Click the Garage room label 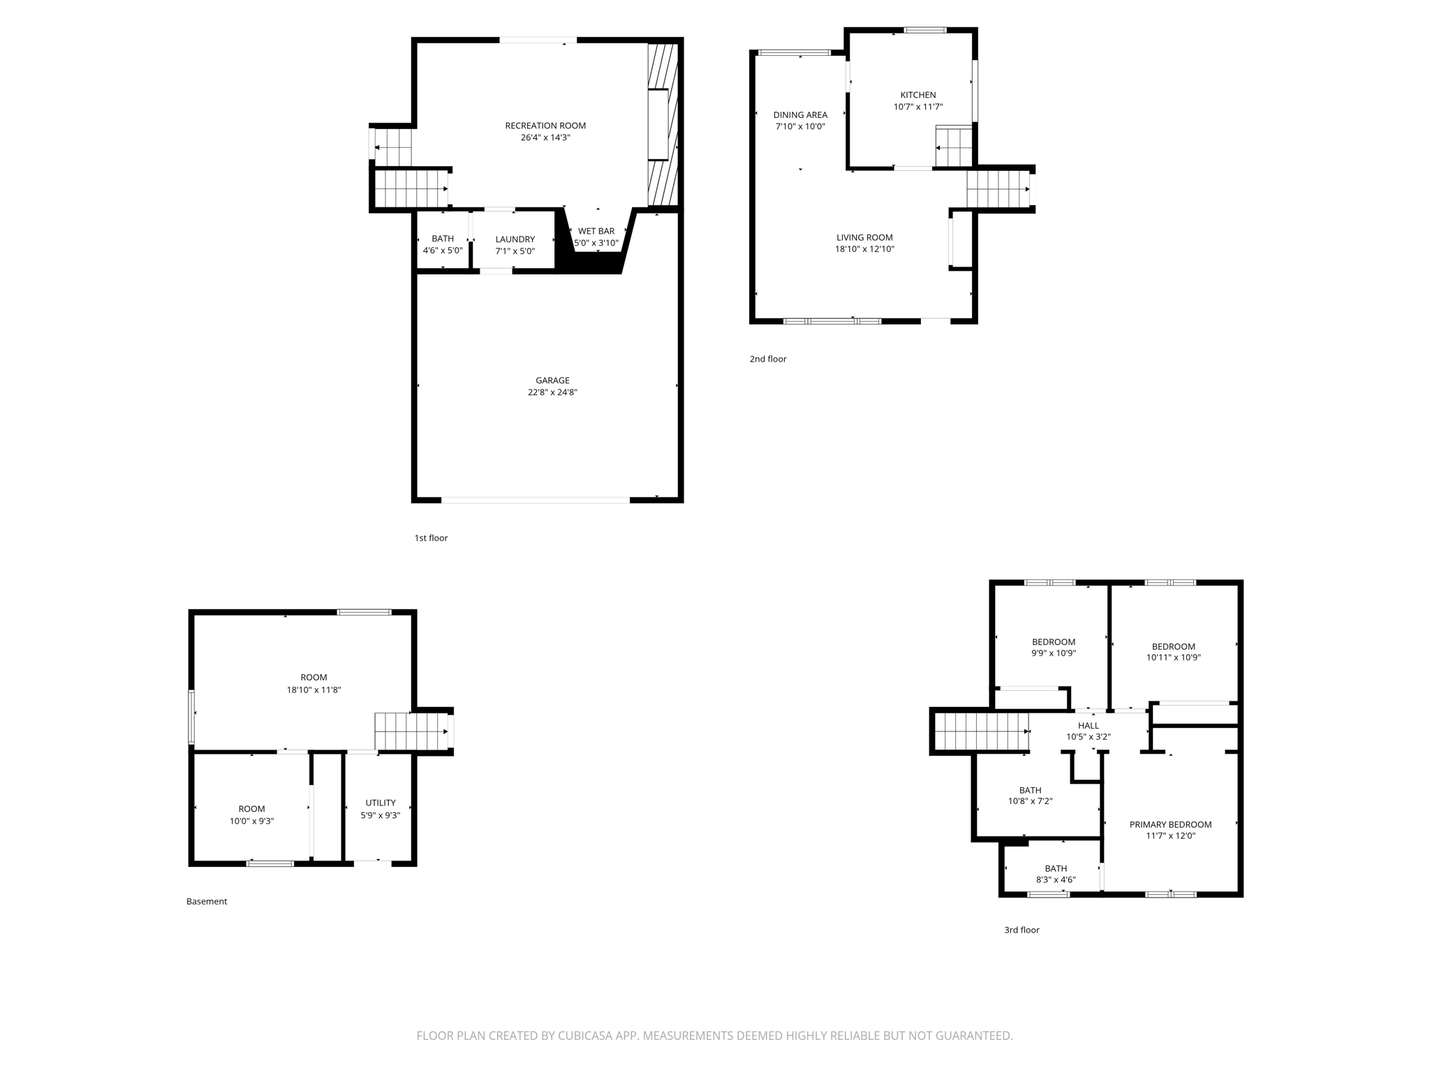click(x=552, y=380)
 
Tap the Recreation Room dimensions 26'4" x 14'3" click(x=545, y=138)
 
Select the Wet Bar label click(x=596, y=231)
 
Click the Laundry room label click(x=515, y=239)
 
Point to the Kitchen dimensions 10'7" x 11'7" click(x=918, y=107)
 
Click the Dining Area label click(x=800, y=115)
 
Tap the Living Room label click(x=864, y=237)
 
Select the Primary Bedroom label click(x=1170, y=824)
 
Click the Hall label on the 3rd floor click(x=1088, y=726)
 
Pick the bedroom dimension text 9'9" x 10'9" click(x=1054, y=654)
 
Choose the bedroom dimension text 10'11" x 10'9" click(x=1173, y=657)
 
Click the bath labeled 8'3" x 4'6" click(x=1056, y=874)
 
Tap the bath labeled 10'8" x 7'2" click(x=1030, y=796)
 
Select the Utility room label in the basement click(x=381, y=803)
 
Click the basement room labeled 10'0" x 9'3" click(x=251, y=815)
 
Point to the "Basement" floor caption click(x=207, y=902)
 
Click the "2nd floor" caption click(x=768, y=359)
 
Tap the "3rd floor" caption click(x=1022, y=930)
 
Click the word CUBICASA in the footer click(x=586, y=1036)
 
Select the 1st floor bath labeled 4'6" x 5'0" click(x=443, y=244)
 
